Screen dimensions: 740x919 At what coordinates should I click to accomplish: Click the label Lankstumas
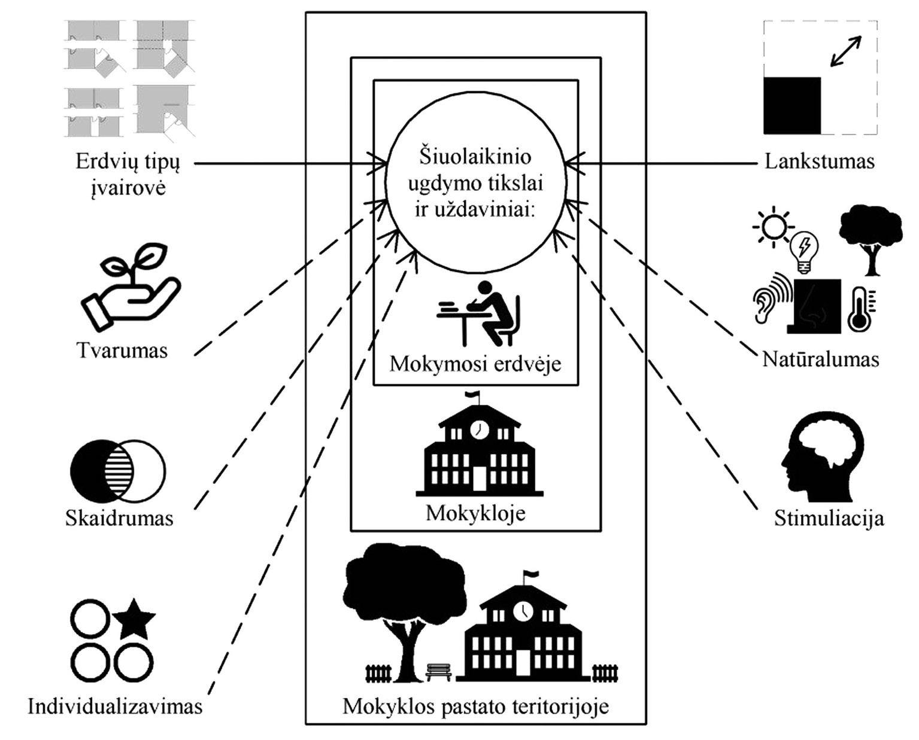819,162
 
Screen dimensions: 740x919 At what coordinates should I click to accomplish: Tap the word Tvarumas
122,351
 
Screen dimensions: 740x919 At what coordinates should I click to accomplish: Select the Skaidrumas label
119,518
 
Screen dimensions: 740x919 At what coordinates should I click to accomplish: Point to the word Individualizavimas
115,706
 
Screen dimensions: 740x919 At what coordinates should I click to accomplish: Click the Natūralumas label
820,360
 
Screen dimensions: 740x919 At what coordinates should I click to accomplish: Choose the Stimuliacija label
829,518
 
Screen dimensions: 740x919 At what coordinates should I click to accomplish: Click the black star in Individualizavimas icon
134,619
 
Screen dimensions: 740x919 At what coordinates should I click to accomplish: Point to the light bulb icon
804,251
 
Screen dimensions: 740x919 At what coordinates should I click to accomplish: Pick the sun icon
773,227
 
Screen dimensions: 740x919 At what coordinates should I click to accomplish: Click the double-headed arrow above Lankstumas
846,51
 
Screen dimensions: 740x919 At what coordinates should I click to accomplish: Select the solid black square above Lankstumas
791,105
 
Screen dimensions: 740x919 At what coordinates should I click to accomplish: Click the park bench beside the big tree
439,672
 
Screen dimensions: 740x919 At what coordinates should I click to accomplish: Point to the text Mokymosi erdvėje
475,364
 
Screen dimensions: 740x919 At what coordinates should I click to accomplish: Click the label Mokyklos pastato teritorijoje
475,706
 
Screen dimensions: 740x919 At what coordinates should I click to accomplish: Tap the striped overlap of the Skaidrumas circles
119,471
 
